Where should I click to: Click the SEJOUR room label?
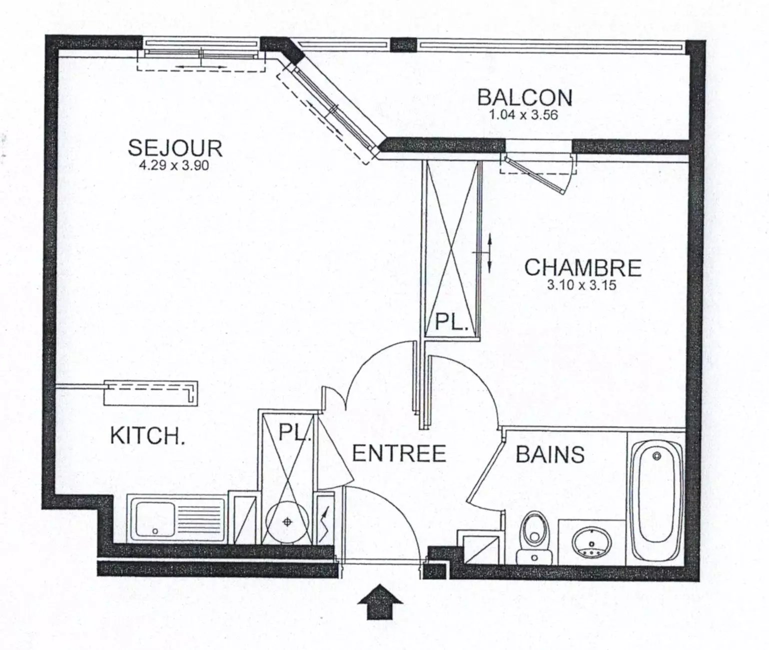coord(175,148)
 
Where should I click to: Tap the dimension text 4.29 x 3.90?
coord(174,165)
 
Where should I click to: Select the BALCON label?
coord(524,98)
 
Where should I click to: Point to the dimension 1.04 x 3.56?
coord(523,114)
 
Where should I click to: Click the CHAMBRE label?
coord(583,267)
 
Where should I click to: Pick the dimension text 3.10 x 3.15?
coord(581,285)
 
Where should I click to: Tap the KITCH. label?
coord(148,435)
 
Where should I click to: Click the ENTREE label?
coord(399,453)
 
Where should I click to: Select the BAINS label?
coord(550,454)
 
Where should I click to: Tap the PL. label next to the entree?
coord(295,432)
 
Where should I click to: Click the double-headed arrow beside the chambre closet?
coord(490,253)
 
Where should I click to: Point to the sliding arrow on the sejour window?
coord(201,67)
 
